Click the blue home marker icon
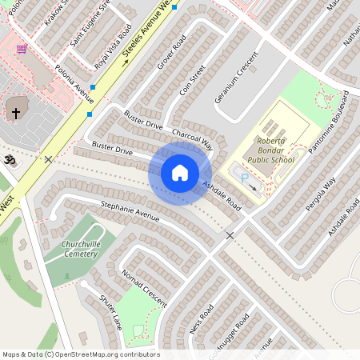179,173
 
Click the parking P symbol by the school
244,179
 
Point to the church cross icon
15,113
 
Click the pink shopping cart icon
21,49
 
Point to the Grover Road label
171,51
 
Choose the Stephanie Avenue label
130,212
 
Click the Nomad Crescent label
143,286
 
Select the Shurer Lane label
110,310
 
